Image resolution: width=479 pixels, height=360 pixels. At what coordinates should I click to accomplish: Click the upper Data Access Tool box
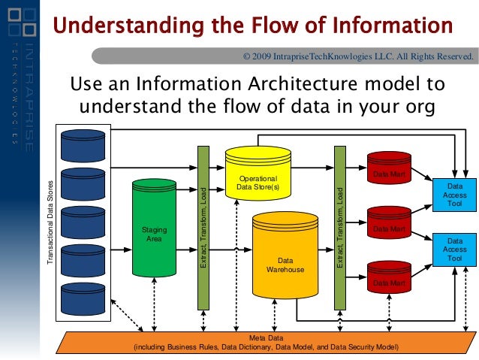coord(455,195)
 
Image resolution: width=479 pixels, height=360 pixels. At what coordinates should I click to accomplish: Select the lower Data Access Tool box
coord(455,249)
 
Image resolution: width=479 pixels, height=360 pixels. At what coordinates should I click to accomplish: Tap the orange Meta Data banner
coord(266,343)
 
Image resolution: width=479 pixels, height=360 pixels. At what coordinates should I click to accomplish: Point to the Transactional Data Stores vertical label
coord(51,221)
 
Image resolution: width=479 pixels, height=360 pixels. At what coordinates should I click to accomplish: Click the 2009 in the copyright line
coord(264,56)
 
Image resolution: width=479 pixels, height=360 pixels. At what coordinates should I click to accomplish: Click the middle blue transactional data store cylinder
coord(85,222)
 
